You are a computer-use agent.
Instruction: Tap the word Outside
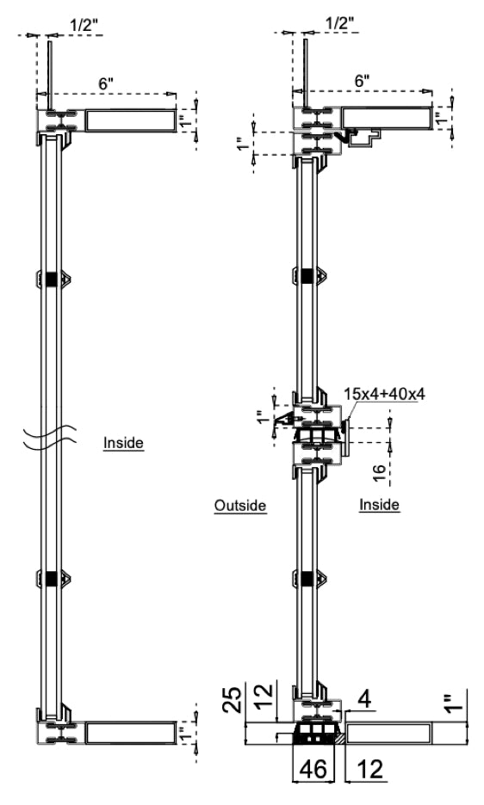pos(240,506)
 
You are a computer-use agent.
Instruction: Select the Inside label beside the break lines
pos(123,444)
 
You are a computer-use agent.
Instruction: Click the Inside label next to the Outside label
pos(379,505)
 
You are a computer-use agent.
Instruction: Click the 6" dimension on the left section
pos(105,84)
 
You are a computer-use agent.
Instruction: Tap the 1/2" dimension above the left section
pos(83,25)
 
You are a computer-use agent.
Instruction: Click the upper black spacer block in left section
pos(52,279)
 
